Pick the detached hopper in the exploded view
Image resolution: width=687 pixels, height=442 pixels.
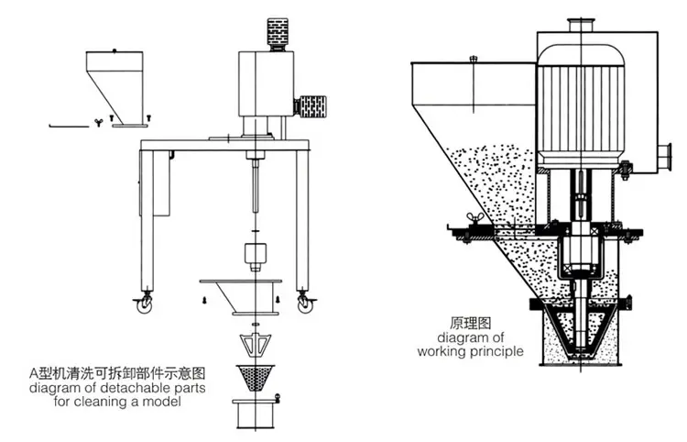point(118,83)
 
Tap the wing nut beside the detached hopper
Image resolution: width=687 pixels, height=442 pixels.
point(97,120)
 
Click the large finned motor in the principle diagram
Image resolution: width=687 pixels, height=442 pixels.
point(582,110)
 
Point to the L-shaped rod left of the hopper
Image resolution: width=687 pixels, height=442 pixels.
point(65,121)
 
